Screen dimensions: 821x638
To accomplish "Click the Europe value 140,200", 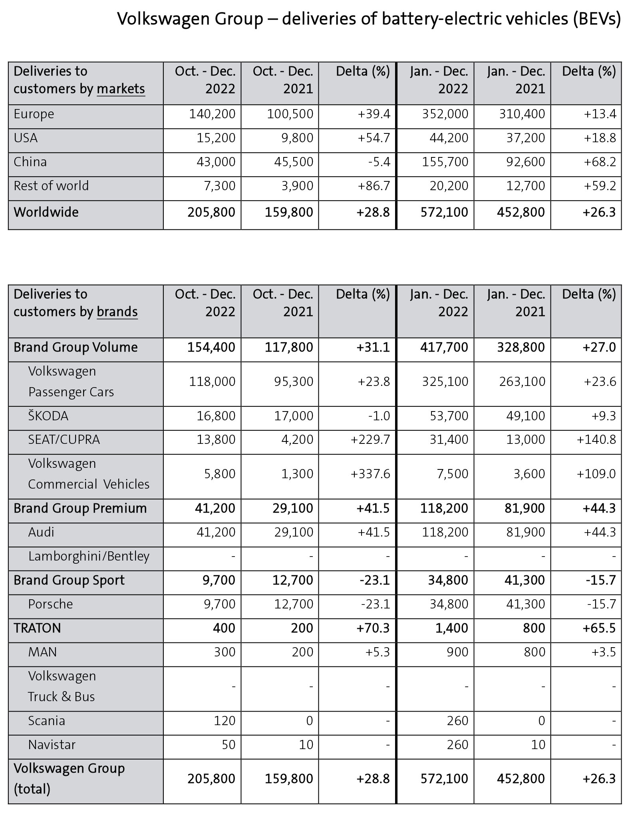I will [212, 114].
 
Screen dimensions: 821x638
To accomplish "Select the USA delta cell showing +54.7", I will [374, 138].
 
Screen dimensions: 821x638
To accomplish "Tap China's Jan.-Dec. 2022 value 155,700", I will [445, 162].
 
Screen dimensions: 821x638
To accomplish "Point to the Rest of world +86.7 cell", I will [374, 186].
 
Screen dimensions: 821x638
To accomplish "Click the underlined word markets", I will [121, 89].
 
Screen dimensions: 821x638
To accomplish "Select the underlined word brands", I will [117, 312].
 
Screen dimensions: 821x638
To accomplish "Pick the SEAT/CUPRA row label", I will [64, 440].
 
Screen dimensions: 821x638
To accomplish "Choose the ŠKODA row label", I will [48, 416].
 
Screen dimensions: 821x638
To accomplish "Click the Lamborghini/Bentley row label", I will [89, 556].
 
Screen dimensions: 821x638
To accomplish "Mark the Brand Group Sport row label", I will [69, 580].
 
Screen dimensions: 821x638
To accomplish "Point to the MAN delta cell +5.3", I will [377, 652].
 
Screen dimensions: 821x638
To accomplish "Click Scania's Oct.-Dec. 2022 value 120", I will [224, 721].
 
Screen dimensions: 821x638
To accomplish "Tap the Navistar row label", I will [52, 745].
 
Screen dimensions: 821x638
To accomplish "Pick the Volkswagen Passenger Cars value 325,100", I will [445, 382].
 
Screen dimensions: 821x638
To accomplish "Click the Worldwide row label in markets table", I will [46, 213].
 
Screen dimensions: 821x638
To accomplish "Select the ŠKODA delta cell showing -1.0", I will [379, 416].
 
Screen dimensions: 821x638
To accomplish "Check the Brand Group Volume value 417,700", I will [444, 348].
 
